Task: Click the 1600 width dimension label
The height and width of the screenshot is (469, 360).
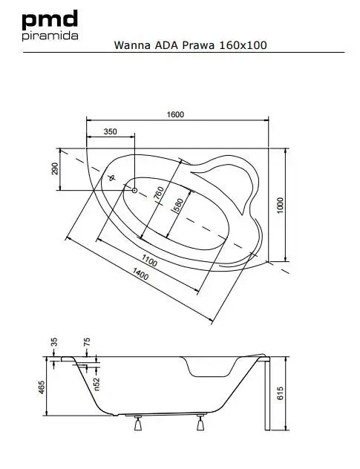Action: pyautogui.click(x=175, y=114)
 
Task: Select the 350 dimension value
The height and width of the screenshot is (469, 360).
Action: pyautogui.click(x=111, y=131)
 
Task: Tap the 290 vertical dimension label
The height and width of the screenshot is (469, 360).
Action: pyautogui.click(x=54, y=168)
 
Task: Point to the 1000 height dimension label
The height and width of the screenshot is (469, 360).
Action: pyautogui.click(x=280, y=205)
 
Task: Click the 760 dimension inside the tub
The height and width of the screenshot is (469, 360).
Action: pyautogui.click(x=159, y=193)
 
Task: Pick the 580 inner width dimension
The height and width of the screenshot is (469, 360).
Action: pyautogui.click(x=177, y=206)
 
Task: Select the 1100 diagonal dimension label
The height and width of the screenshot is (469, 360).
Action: pyautogui.click(x=149, y=260)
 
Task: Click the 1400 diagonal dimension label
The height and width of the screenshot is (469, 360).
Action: pyautogui.click(x=140, y=274)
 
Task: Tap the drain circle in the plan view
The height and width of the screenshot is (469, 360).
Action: pyautogui.click(x=134, y=190)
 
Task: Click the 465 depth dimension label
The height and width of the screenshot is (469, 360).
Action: pyautogui.click(x=42, y=387)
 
